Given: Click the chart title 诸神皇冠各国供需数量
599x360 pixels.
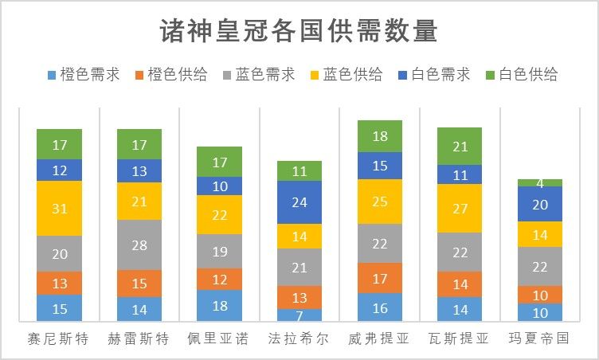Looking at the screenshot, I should click(x=299, y=33).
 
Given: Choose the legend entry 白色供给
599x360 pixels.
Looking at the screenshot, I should click(x=527, y=75).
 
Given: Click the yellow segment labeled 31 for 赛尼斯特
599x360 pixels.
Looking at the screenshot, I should click(x=60, y=208).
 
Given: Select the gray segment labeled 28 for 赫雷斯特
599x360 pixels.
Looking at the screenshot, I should click(x=139, y=245).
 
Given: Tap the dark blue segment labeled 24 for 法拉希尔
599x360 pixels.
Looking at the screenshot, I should click(x=299, y=202).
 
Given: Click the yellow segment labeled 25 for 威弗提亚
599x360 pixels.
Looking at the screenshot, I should click(x=380, y=202).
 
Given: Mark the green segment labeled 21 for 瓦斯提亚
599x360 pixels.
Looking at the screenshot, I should click(x=460, y=147).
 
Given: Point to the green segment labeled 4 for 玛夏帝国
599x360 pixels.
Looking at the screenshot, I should click(x=539, y=182).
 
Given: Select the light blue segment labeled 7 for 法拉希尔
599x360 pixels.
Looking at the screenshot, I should click(x=299, y=316).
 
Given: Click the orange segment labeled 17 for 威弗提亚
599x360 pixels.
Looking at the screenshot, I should click(x=380, y=278).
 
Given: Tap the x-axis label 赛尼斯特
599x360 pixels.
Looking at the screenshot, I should click(x=60, y=338).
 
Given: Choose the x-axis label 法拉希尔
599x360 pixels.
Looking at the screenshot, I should click(x=299, y=338).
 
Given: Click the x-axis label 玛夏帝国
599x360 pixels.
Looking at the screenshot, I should click(x=539, y=338).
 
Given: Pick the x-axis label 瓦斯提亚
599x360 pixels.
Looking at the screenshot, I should click(x=460, y=338).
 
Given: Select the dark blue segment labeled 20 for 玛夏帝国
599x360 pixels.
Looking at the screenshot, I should click(x=539, y=204).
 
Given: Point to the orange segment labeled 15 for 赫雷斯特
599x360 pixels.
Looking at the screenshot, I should click(x=139, y=284).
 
